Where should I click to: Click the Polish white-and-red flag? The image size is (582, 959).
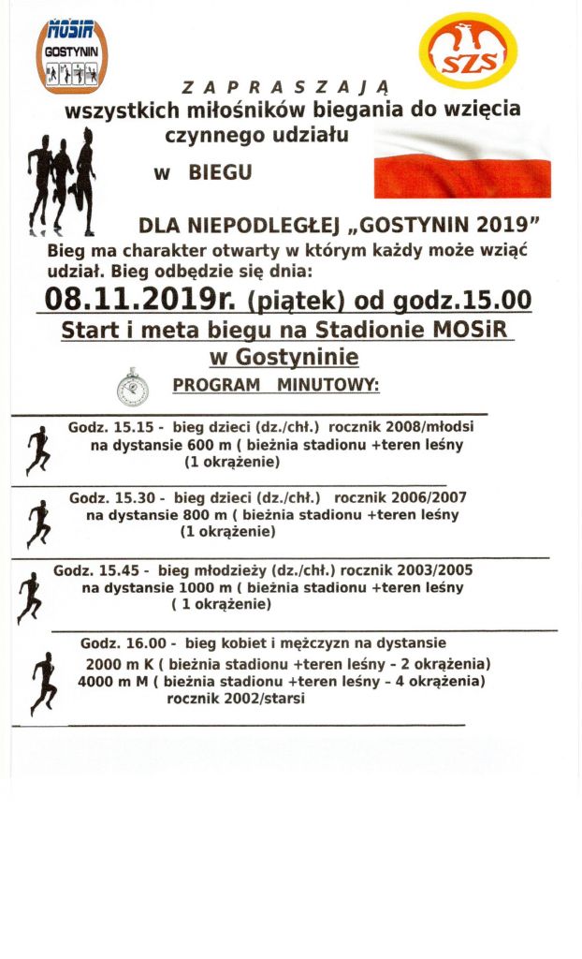point(461,165)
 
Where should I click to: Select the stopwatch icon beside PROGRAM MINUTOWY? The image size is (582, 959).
point(133,386)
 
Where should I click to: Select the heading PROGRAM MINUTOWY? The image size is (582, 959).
point(276,385)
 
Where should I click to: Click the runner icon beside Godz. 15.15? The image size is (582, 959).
point(37,450)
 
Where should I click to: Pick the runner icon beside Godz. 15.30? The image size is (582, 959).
point(38,523)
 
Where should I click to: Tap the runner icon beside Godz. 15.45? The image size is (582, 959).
point(29,596)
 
